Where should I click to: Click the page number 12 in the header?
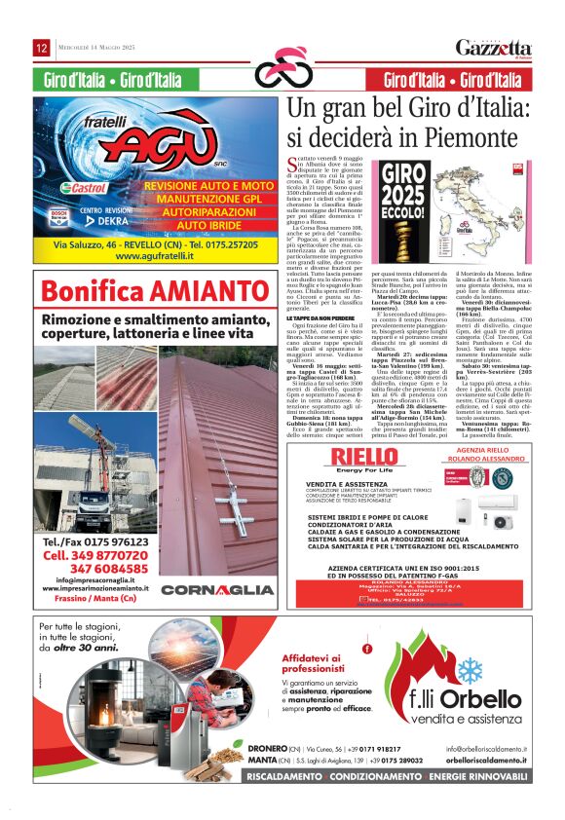[42, 48]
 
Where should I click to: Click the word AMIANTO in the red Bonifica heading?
[205, 290]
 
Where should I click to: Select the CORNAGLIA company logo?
[217, 590]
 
